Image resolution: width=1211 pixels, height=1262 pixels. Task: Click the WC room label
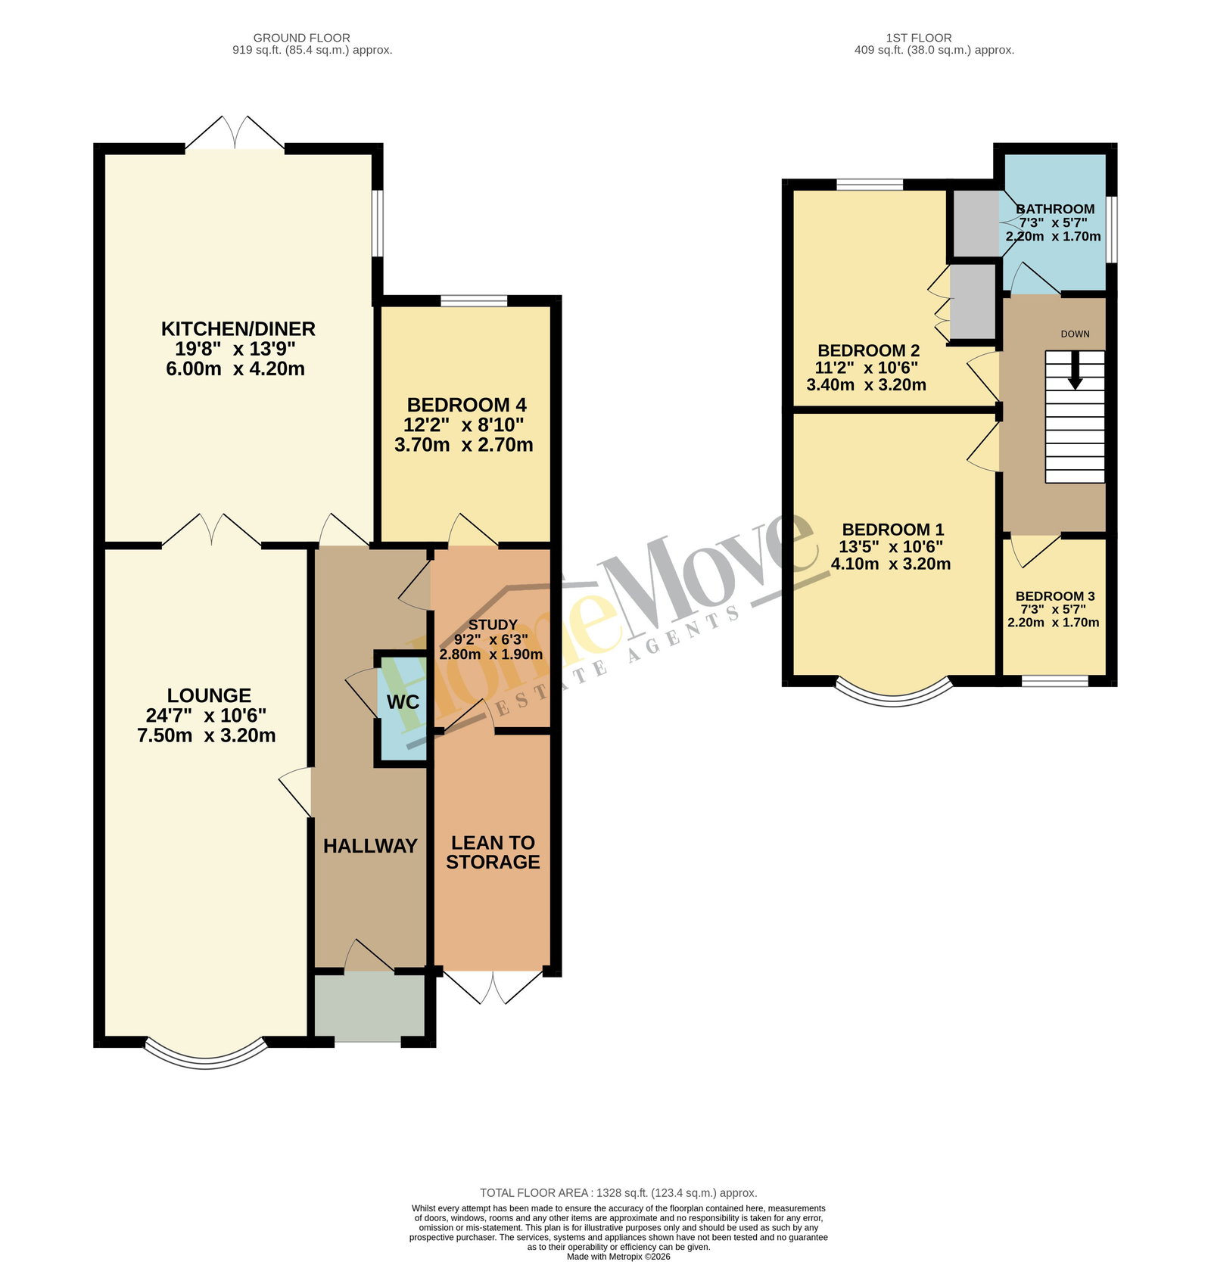tap(403, 702)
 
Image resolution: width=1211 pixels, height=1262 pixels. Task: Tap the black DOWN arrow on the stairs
tap(1075, 372)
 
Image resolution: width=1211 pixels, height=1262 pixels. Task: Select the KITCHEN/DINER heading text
tap(238, 329)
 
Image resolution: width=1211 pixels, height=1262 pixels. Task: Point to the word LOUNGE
tap(209, 695)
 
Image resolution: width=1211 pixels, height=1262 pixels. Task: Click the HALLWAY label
tap(370, 846)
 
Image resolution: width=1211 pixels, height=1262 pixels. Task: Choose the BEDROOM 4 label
tap(467, 405)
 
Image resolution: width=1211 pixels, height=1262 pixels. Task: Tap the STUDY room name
tap(493, 625)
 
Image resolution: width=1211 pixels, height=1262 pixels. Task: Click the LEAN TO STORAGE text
tap(493, 852)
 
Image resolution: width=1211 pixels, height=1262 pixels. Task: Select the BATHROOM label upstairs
tap(1055, 209)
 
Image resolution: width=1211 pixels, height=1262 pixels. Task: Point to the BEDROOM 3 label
tap(1055, 596)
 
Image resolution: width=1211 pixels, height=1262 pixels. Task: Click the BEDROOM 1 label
tap(893, 530)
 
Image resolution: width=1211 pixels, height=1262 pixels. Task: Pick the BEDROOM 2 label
tap(869, 350)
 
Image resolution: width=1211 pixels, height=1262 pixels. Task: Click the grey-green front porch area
tap(370, 1007)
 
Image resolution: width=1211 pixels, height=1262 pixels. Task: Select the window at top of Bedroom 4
tap(475, 301)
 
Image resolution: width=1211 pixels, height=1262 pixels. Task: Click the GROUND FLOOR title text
tap(302, 38)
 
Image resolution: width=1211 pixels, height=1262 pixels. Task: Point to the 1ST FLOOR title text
tap(919, 38)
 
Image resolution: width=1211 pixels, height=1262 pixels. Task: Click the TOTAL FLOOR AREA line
tap(618, 1193)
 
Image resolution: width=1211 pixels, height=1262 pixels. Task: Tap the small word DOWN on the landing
tap(1075, 334)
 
